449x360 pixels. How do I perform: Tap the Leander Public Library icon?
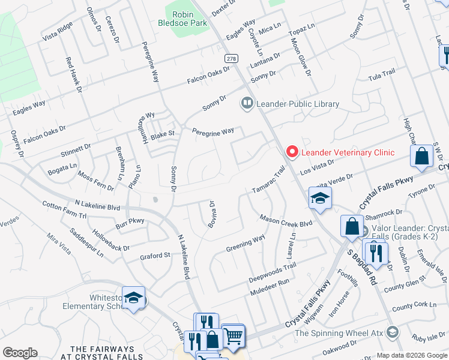click(x=247, y=104)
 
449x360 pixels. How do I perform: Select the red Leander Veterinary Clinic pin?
click(x=292, y=152)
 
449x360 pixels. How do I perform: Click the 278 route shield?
click(x=231, y=58)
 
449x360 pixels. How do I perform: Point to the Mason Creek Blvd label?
click(x=286, y=220)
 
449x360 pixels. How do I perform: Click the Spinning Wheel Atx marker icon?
click(x=392, y=332)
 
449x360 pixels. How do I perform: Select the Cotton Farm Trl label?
click(x=65, y=209)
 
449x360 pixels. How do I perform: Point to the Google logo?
click(x=20, y=353)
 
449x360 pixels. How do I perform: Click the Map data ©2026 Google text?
click(x=412, y=355)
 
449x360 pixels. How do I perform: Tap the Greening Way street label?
click(x=246, y=244)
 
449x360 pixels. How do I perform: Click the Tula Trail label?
click(x=382, y=74)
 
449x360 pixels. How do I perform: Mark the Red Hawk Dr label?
click(x=74, y=74)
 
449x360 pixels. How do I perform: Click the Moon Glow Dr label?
click(x=301, y=57)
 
